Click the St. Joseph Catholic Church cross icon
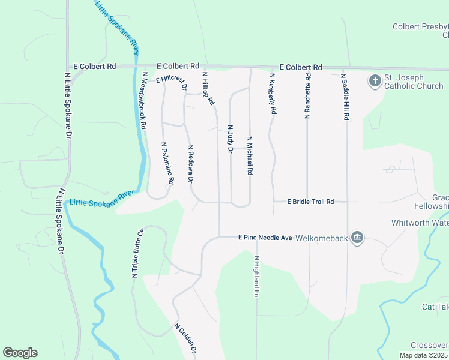tap(375, 81)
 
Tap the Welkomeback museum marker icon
tap(358, 238)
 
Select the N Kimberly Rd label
tap(273, 94)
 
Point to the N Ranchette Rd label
tap(307, 96)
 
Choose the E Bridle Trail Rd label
tap(310, 202)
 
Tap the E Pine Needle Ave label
tap(265, 238)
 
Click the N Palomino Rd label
tap(167, 163)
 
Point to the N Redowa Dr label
tap(190, 164)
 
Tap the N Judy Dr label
tap(229, 139)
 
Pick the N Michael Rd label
tap(249, 155)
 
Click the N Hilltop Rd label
tap(208, 89)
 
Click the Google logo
tap(20, 353)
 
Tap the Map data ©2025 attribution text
tap(424, 355)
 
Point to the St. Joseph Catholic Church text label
tap(414, 82)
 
